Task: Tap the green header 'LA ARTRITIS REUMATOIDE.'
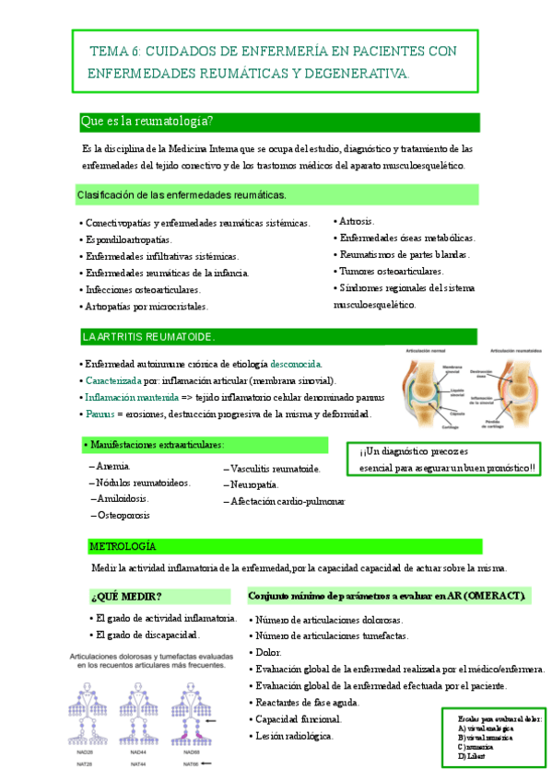click(148, 336)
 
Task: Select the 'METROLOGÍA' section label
click(123, 546)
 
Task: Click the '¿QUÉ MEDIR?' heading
click(126, 596)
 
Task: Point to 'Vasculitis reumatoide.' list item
click(276, 468)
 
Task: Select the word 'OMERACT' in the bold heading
click(493, 596)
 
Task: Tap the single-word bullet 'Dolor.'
click(268, 652)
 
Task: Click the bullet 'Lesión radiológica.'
click(295, 736)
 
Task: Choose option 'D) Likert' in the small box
click(470, 757)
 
